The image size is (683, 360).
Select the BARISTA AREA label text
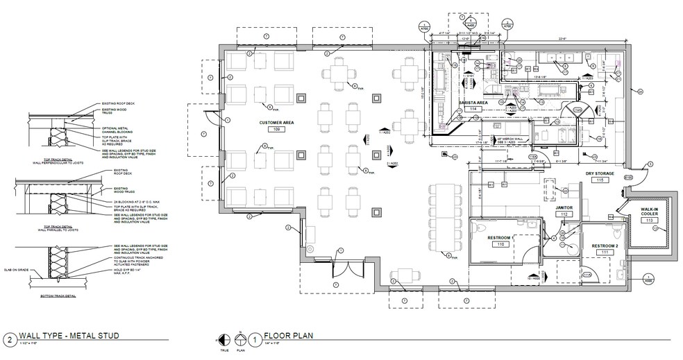[x=473, y=102]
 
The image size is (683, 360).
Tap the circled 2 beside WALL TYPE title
[x=10, y=339]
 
